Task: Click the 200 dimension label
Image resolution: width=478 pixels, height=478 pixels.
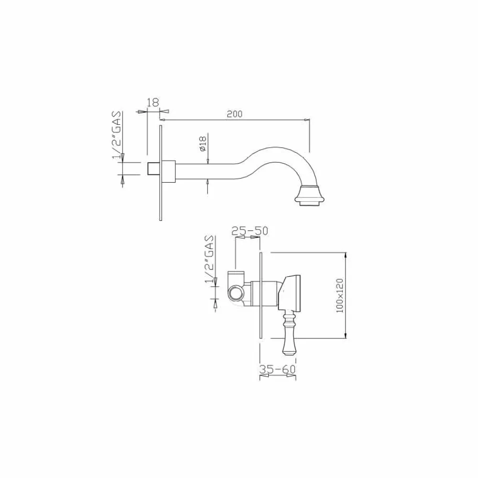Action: (234, 114)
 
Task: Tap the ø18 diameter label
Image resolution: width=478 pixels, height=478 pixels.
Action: (203, 143)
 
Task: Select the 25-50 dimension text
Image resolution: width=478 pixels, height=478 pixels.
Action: (250, 231)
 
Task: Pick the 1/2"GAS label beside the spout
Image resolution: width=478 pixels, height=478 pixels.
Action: (117, 135)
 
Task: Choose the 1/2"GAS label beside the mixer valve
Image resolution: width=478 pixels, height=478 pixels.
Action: (210, 260)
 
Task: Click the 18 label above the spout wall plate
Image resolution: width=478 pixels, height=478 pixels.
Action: (153, 102)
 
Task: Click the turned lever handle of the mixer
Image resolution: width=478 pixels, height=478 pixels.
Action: (289, 334)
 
